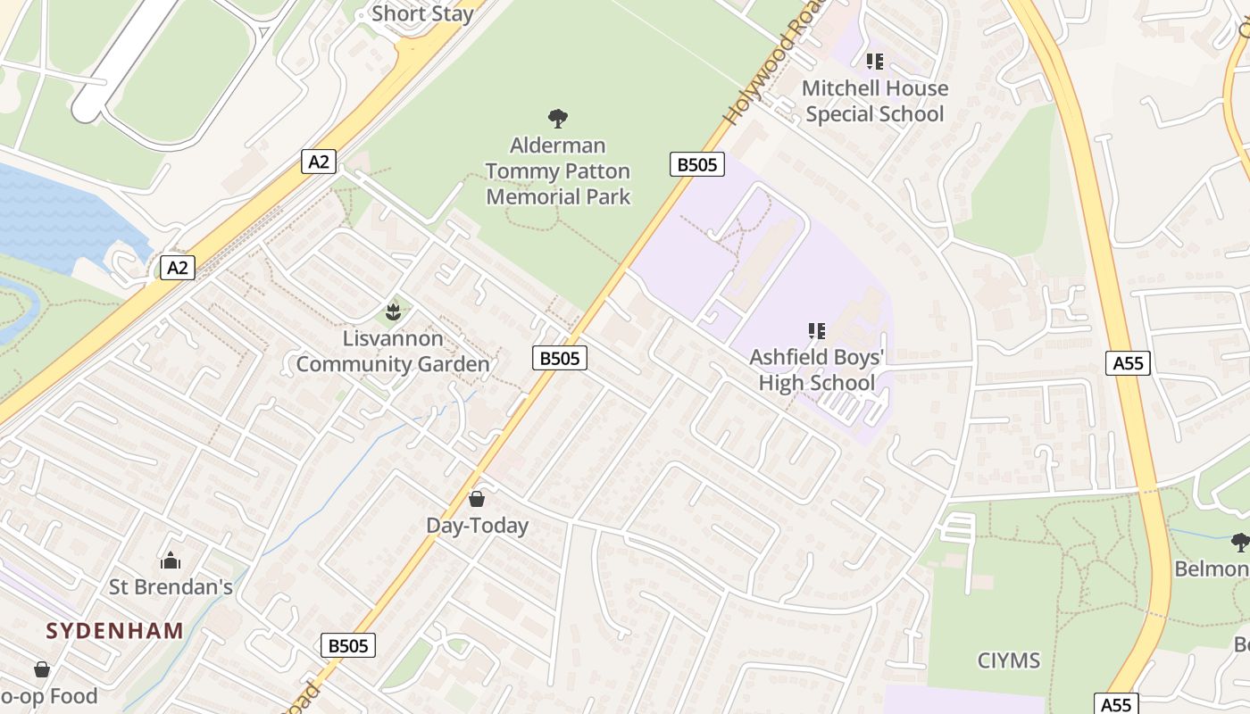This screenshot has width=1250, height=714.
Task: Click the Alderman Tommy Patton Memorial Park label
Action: [558, 171]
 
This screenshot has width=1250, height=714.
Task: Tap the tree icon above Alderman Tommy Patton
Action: [558, 118]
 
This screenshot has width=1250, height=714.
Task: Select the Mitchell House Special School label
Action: [874, 101]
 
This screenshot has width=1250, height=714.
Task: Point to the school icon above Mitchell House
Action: [874, 62]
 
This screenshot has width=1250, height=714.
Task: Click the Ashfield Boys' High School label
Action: [816, 370]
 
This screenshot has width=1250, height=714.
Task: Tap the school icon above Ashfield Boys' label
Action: [816, 332]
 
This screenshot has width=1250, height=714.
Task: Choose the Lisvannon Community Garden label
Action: [393, 352]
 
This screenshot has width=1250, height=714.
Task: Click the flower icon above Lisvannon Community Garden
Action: [392, 312]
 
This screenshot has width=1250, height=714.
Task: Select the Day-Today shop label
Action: [477, 526]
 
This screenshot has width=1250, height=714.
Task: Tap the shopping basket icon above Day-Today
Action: [477, 499]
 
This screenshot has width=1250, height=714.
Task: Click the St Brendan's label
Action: [171, 586]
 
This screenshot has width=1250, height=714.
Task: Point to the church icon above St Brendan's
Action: [170, 560]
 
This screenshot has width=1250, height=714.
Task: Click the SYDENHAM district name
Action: [115, 631]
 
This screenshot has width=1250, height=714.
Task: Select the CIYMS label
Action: [1009, 660]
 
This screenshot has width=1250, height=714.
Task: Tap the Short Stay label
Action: [421, 13]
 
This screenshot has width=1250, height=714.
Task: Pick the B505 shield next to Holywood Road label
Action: [696, 164]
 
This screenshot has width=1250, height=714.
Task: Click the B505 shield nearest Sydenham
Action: [348, 645]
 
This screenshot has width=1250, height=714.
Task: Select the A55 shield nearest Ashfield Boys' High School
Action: [1128, 363]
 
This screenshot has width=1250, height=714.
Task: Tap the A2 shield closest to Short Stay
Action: [319, 162]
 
